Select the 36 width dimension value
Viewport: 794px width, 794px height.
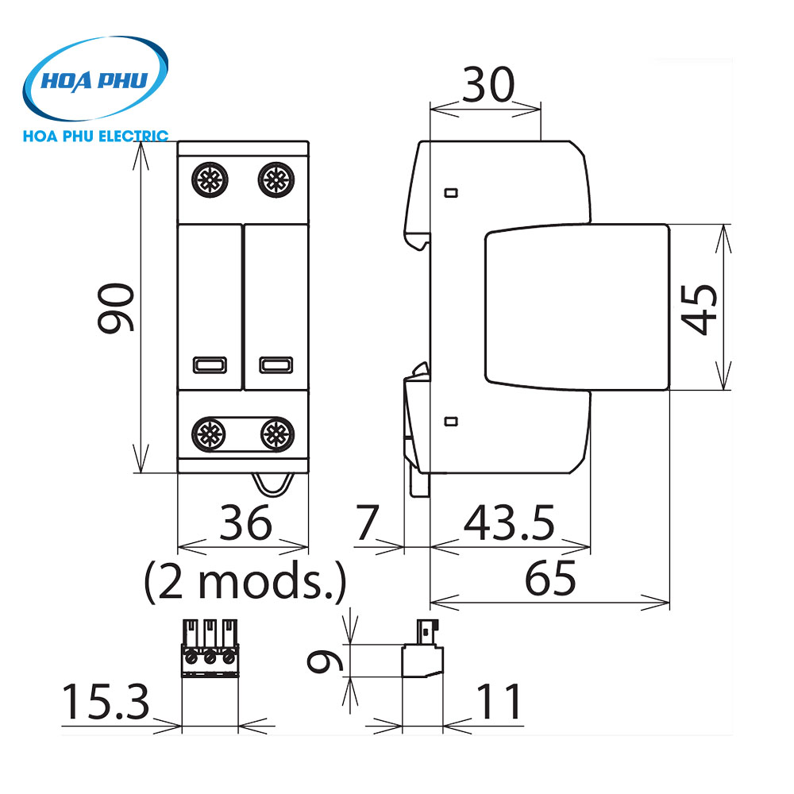[x=245, y=523]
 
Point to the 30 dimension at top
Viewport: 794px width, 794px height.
[x=489, y=84]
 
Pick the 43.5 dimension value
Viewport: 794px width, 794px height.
[x=509, y=523]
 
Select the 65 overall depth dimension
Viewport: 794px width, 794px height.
[x=550, y=580]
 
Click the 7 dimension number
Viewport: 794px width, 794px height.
[x=368, y=523]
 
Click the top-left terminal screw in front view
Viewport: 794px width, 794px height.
[x=209, y=179]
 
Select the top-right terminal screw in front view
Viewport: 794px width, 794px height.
[x=275, y=179]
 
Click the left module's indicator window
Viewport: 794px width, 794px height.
[x=210, y=365]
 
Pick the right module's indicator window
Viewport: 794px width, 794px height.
[x=276, y=365]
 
